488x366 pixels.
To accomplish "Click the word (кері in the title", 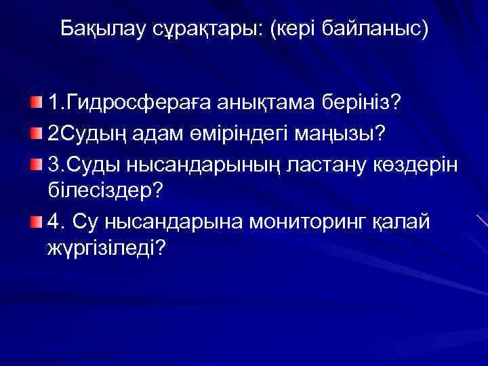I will [x=296, y=29].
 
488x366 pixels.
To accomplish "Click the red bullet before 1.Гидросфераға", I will [x=35, y=102].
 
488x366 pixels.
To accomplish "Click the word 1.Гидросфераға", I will [x=129, y=103].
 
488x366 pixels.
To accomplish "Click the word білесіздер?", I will [x=106, y=191].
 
